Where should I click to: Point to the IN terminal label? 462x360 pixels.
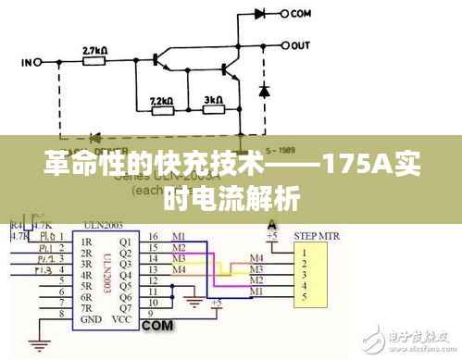pyautogui.click(x=27, y=63)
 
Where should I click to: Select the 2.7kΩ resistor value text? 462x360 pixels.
pyautogui.click(x=95, y=50)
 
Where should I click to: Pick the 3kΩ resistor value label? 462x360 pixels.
pyautogui.click(x=213, y=98)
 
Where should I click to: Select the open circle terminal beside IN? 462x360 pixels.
pyautogui.click(x=41, y=63)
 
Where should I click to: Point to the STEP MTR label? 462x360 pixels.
pyautogui.click(x=317, y=237)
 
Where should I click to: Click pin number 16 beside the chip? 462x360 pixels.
pyautogui.click(x=152, y=238)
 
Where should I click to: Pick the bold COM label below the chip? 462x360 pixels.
pyautogui.click(x=158, y=327)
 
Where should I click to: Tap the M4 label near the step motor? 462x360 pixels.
pyautogui.click(x=256, y=257)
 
